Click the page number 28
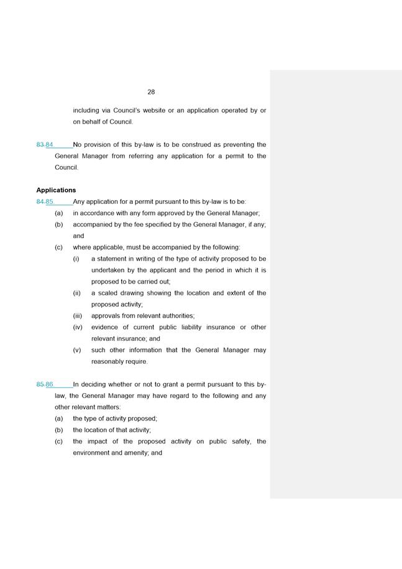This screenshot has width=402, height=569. click(x=151, y=92)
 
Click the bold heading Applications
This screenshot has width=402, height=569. click(x=56, y=190)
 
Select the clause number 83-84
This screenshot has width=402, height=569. click(x=45, y=145)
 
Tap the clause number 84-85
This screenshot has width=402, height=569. click(x=45, y=201)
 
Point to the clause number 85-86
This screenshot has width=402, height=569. click(x=45, y=384)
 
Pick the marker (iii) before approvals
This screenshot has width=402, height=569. click(x=78, y=316)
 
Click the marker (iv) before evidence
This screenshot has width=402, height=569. click(x=78, y=327)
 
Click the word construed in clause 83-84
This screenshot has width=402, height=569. click(x=200, y=145)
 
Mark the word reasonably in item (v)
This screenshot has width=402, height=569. click(x=111, y=361)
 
